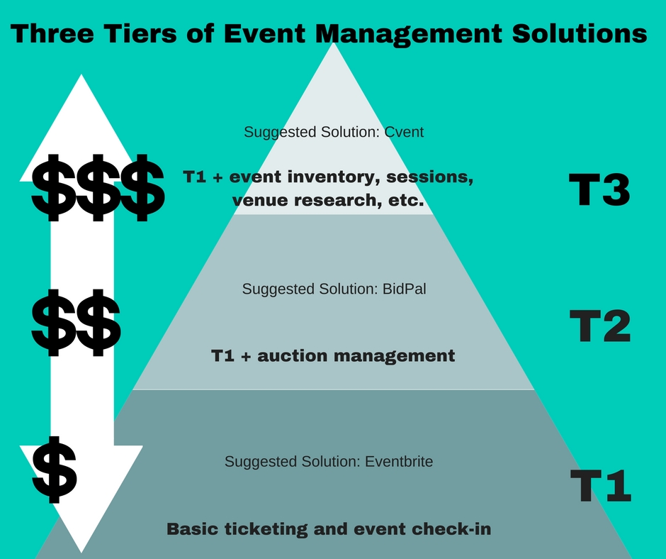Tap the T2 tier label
(599, 327)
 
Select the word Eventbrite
(399, 461)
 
